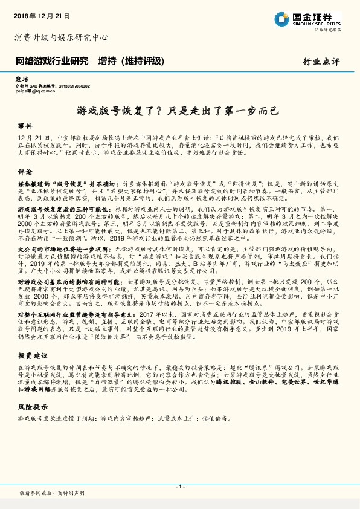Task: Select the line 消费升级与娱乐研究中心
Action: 60,37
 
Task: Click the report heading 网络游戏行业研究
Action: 51,61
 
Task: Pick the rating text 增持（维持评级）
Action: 131,61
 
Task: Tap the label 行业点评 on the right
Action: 321,62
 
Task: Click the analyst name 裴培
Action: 22,79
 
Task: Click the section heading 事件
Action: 25,126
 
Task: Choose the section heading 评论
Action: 25,172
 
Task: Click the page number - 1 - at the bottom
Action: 179,487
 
